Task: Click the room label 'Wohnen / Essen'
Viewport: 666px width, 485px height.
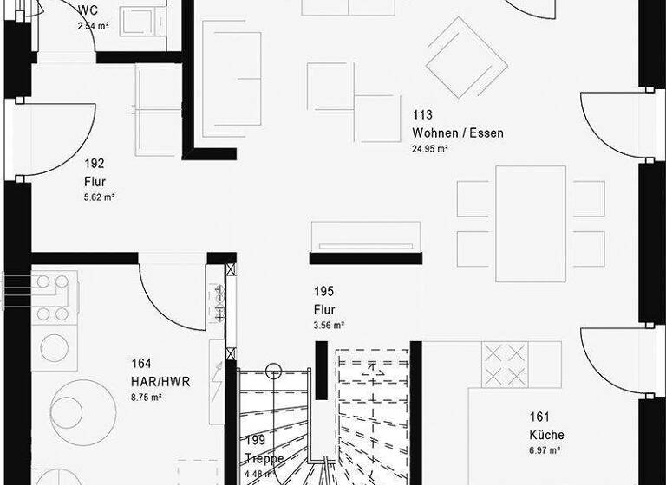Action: tap(457, 133)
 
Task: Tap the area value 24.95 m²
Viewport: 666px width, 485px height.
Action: tap(430, 149)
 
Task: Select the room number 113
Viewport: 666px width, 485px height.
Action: tap(422, 115)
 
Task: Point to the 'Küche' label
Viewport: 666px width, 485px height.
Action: tap(546, 435)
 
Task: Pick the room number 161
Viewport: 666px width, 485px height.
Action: tap(539, 417)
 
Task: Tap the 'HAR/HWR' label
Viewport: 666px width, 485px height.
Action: tap(160, 381)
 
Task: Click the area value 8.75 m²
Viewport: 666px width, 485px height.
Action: tap(147, 398)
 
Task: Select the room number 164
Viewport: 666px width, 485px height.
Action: tap(141, 364)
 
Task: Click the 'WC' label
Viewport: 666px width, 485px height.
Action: tap(87, 10)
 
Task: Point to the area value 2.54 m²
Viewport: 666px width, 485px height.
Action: tap(93, 26)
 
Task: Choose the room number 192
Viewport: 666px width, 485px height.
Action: tap(94, 163)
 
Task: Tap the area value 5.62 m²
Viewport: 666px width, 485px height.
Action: tap(100, 197)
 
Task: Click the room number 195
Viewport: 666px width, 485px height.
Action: tap(323, 292)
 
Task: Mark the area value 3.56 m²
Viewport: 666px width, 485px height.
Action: tap(330, 326)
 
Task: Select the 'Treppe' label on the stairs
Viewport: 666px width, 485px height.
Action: tap(264, 458)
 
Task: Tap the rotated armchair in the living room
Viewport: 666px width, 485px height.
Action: tap(467, 58)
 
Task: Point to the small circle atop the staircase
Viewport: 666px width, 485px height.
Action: tap(274, 370)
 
